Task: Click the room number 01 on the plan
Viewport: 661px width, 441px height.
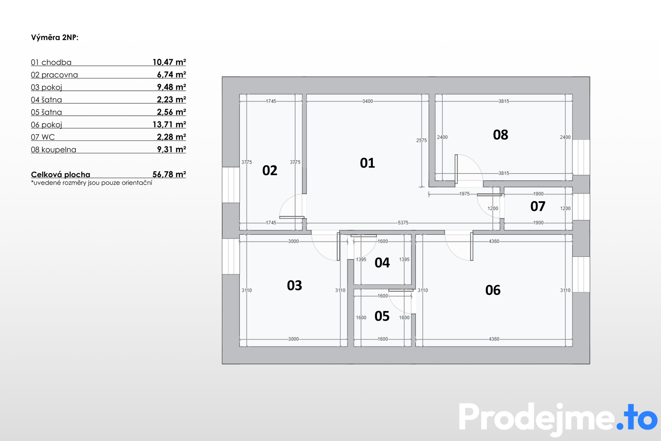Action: click(x=367, y=163)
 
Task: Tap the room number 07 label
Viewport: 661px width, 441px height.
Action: click(x=538, y=206)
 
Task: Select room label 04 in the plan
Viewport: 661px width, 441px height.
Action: click(x=382, y=263)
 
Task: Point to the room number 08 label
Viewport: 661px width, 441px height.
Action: click(x=501, y=135)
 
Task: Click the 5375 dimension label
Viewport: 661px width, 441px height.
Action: click(x=403, y=223)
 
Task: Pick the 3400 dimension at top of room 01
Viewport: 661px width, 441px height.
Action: click(x=367, y=101)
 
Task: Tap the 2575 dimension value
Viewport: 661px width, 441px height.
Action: click(x=421, y=140)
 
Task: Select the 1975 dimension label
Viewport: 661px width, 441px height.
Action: click(x=464, y=194)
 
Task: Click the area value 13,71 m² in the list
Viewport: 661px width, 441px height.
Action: click(x=169, y=124)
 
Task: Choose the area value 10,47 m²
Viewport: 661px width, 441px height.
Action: click(x=169, y=62)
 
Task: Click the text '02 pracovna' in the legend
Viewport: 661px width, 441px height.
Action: click(x=54, y=75)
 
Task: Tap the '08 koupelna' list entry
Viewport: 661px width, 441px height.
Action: click(x=54, y=150)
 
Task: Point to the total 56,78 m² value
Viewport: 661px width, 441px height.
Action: click(x=169, y=174)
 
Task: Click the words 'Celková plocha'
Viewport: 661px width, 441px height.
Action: click(x=61, y=175)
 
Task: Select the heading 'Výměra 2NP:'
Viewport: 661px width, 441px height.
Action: click(x=55, y=38)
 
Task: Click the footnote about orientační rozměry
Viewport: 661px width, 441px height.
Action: click(x=92, y=183)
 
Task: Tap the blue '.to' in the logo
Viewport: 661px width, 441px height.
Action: click(x=637, y=418)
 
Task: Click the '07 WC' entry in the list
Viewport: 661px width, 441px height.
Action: click(x=43, y=137)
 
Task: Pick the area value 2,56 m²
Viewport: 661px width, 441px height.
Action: click(x=171, y=112)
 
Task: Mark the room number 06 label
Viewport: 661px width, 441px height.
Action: click(x=493, y=290)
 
